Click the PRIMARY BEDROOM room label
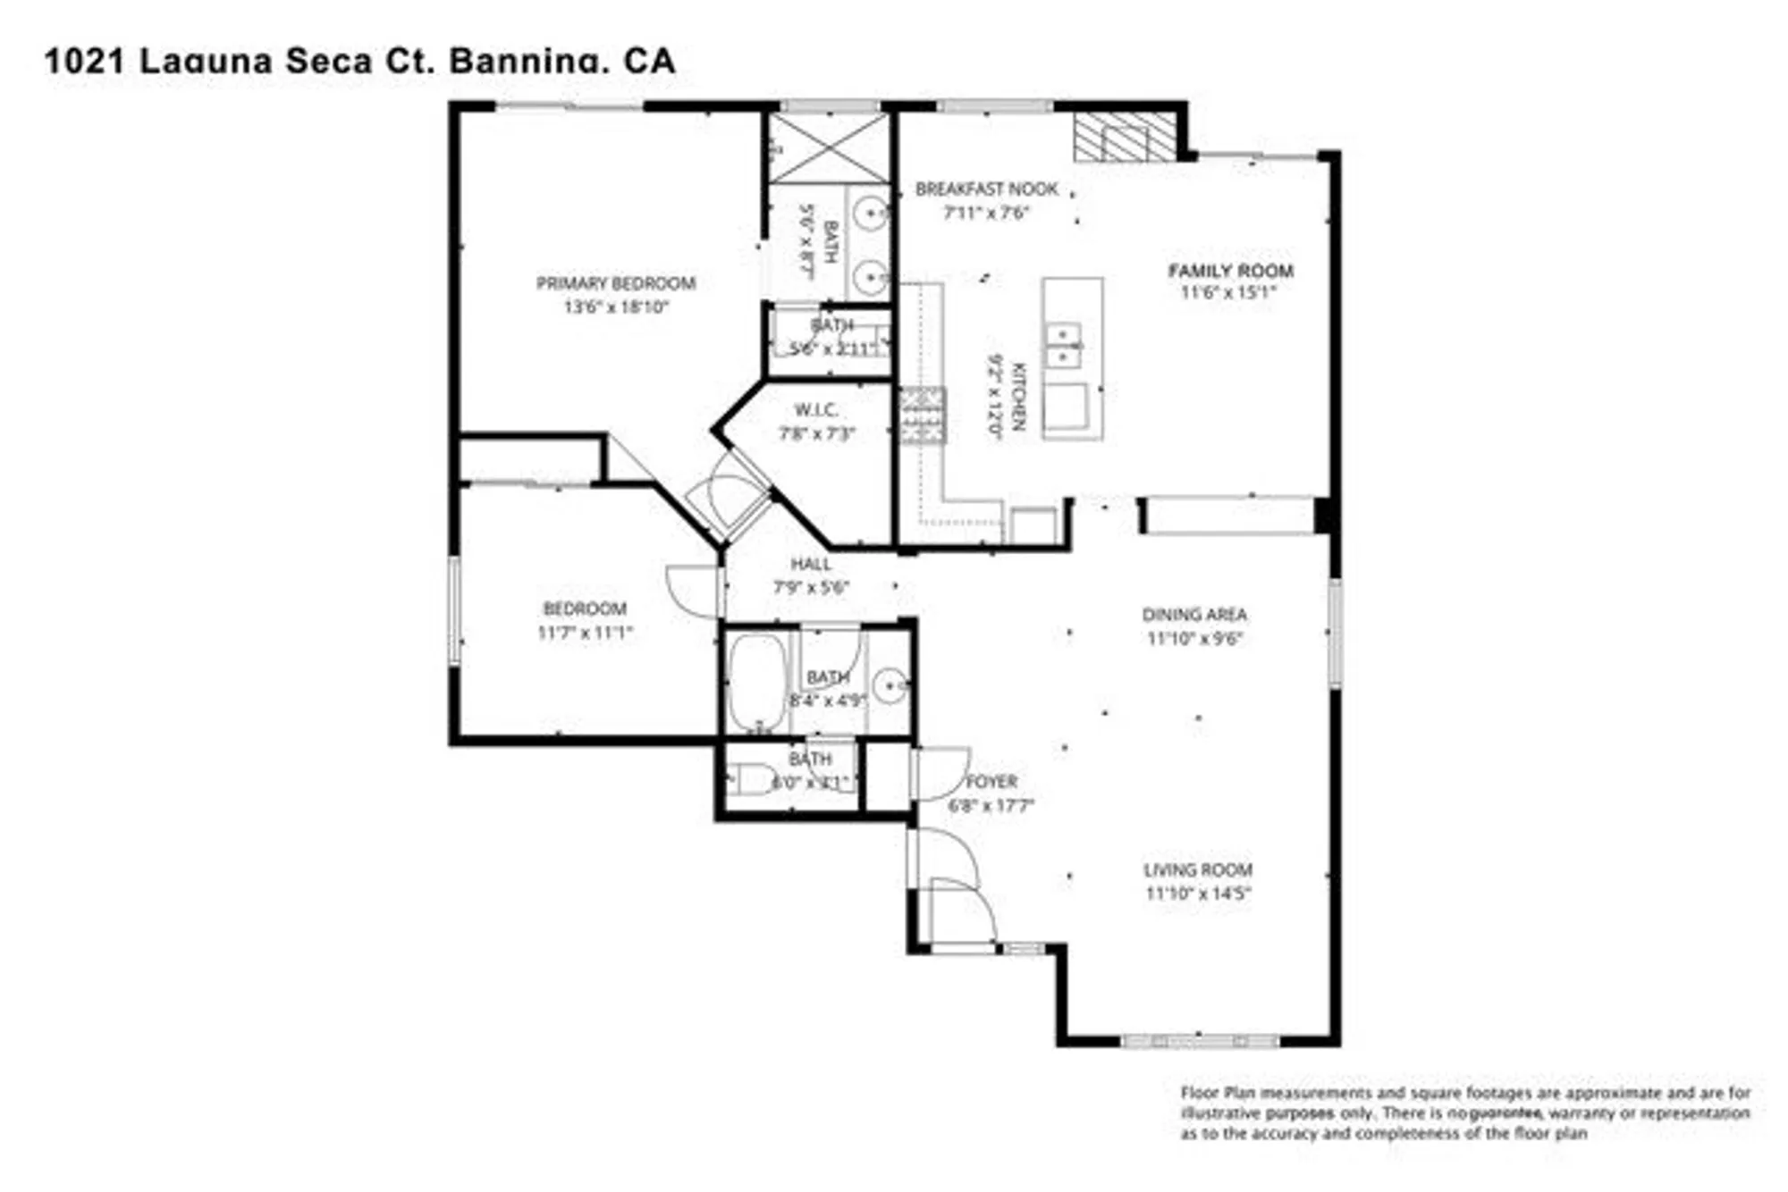coord(615,283)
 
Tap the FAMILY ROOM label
coord(1230,271)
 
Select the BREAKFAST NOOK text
coord(986,189)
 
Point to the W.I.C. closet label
coord(815,410)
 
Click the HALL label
coord(810,564)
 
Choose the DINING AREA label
coord(1194,615)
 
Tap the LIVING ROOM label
coord(1197,869)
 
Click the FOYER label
coord(991,781)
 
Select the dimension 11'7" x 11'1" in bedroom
coord(585,633)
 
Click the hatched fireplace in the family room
coord(1125,137)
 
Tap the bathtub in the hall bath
coord(756,681)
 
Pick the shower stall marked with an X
coord(828,147)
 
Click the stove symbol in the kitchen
coord(922,416)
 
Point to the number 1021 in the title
coord(83,62)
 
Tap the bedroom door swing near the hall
coord(693,590)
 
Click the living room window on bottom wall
coord(1199,1040)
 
